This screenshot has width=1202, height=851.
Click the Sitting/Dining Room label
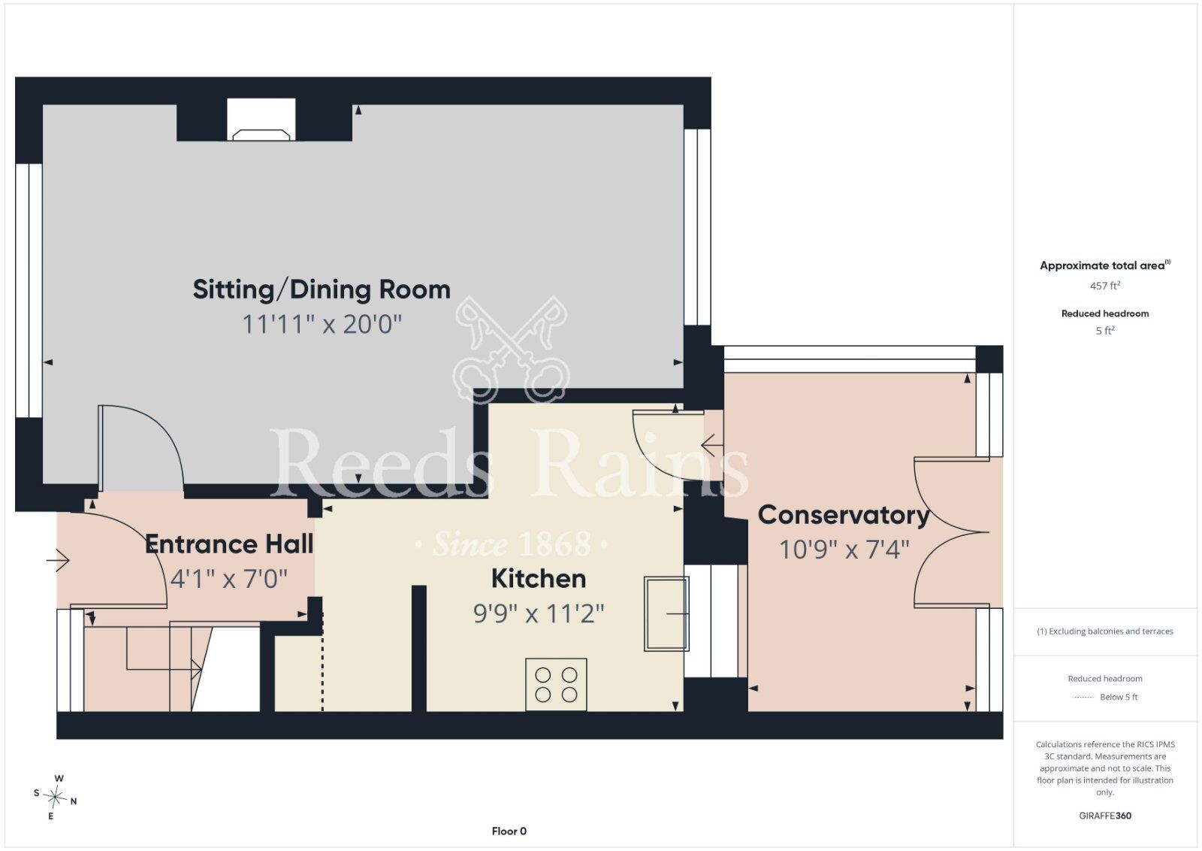(322, 290)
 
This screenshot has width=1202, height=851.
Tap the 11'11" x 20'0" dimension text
(322, 324)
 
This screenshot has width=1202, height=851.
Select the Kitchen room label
(538, 579)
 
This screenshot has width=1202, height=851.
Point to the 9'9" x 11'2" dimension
(538, 613)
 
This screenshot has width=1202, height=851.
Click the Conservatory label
(843, 516)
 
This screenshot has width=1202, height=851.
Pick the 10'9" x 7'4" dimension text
(844, 550)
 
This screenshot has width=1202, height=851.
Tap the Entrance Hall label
(229, 544)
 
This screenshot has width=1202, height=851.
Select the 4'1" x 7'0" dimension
(229, 579)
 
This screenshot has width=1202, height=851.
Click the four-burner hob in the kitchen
(556, 685)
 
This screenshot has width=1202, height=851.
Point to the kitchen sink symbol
(666, 613)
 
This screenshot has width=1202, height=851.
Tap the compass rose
(56, 798)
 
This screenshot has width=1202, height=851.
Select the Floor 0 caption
(509, 831)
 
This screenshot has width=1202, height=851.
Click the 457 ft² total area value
(1105, 286)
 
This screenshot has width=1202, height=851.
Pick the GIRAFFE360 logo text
(1105, 816)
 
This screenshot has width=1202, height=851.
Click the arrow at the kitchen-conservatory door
(712, 445)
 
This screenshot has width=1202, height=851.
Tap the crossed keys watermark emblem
(511, 349)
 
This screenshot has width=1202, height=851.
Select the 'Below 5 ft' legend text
(1119, 697)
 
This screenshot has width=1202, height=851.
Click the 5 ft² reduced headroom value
(1105, 331)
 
